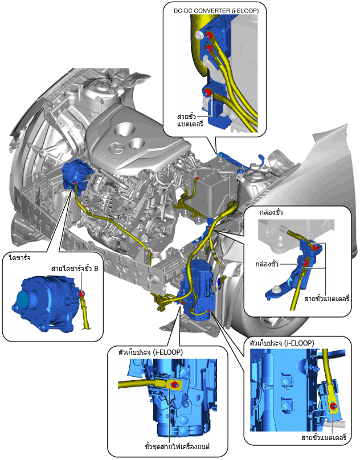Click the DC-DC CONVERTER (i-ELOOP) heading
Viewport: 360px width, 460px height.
click(x=216, y=11)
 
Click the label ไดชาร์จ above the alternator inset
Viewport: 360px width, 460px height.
click(x=20, y=258)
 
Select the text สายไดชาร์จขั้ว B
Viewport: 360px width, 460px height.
click(x=75, y=269)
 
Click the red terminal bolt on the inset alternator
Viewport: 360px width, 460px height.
click(x=82, y=294)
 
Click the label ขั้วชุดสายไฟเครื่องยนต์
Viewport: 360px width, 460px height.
click(x=177, y=447)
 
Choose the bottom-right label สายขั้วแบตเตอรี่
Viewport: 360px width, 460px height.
click(x=324, y=438)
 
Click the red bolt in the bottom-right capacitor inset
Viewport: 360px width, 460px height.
click(x=333, y=406)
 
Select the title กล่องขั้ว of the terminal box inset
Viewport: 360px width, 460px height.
click(x=271, y=212)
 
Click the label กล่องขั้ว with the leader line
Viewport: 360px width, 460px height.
click(x=267, y=264)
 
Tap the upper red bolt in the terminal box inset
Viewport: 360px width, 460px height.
click(x=316, y=247)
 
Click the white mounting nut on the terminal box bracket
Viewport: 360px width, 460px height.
click(x=276, y=289)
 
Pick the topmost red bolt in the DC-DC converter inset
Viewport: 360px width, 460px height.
click(x=210, y=35)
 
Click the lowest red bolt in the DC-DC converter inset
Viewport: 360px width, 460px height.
click(x=207, y=92)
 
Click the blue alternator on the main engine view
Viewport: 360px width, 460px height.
click(x=74, y=174)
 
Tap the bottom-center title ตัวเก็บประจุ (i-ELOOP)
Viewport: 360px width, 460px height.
click(x=150, y=352)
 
